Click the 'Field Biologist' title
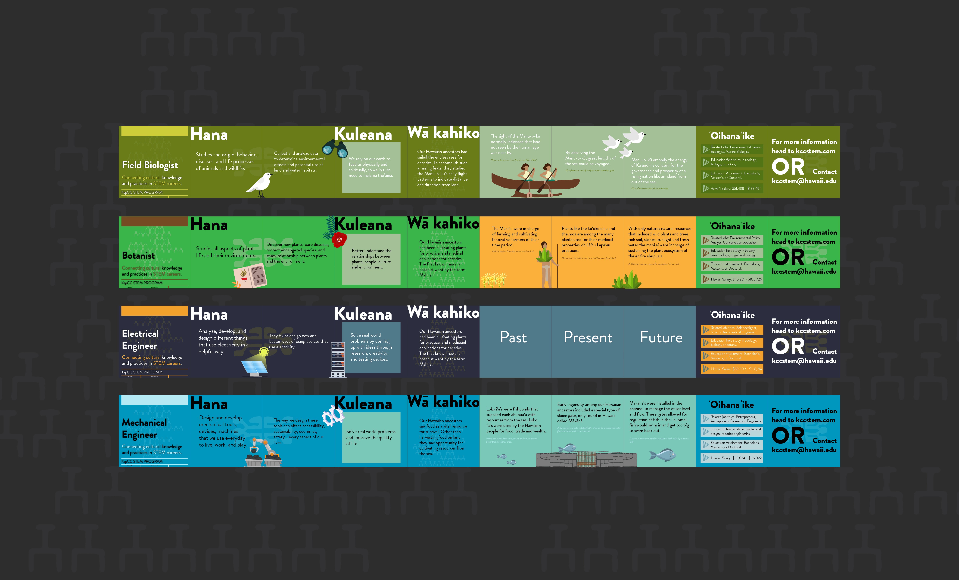(150, 165)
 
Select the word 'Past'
(513, 337)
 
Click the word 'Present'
(588, 337)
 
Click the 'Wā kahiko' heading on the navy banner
(443, 312)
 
